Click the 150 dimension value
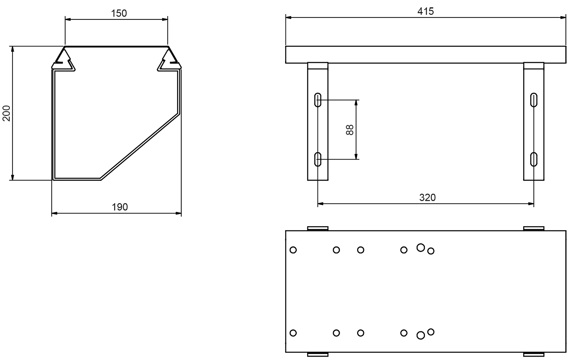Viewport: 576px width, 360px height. [x=119, y=13]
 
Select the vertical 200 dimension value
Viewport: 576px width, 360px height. [x=6, y=113]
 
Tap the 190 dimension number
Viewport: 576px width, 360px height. [x=120, y=207]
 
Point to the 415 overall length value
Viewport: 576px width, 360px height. [x=425, y=11]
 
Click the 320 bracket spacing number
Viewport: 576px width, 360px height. [x=427, y=197]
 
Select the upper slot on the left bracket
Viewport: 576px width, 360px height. [x=318, y=100]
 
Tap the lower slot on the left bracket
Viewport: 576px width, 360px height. [x=318, y=159]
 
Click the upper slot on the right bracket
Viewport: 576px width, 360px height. [x=534, y=100]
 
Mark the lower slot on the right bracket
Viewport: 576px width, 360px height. [x=534, y=159]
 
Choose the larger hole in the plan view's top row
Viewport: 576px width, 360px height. [x=421, y=248]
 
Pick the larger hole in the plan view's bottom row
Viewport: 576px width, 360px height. [x=421, y=335]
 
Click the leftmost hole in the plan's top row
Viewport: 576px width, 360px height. [x=293, y=250]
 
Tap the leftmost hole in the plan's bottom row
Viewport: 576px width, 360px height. [x=293, y=333]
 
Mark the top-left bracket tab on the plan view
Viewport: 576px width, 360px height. [x=318, y=228]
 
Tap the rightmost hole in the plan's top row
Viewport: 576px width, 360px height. [x=431, y=251]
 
